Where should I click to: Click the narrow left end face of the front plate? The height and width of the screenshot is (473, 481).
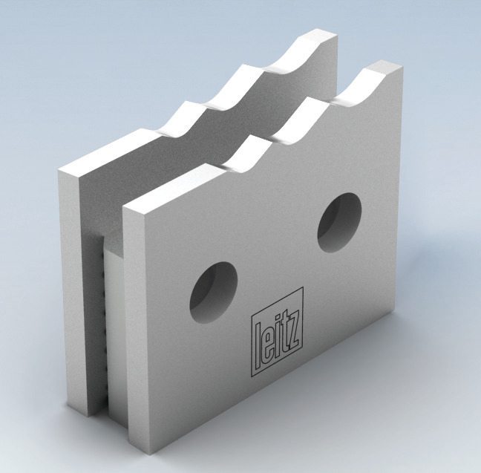129,334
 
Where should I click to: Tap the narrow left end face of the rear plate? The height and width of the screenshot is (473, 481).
68,290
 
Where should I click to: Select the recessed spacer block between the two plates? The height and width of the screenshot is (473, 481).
109,327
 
